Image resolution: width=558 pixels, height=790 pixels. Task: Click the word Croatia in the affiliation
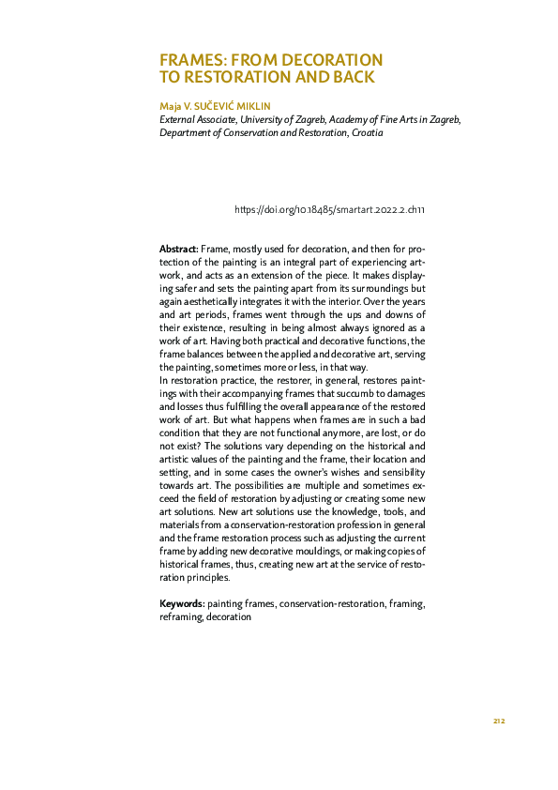click(x=367, y=133)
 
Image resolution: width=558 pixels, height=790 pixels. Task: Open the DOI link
click(x=330, y=211)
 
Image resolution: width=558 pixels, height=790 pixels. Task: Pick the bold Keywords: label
click(x=182, y=605)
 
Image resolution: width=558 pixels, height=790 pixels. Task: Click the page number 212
click(x=499, y=721)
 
